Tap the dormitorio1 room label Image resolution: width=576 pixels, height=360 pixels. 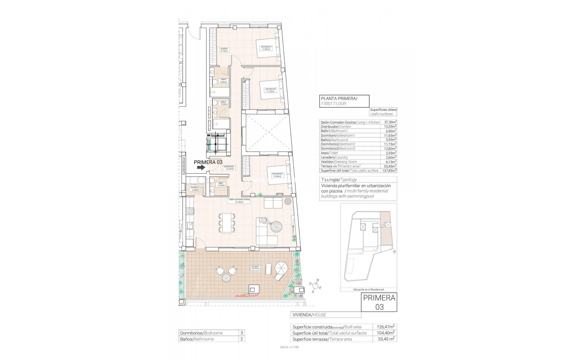[266, 48]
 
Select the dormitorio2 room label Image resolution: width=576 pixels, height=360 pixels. [270, 90]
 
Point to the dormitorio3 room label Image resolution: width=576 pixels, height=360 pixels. [277, 175]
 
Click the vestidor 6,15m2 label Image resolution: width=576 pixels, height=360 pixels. [224, 50]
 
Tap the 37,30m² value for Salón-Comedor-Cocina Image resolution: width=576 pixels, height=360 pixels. [390, 122]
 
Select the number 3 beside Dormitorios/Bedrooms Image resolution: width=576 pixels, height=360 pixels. [241, 333]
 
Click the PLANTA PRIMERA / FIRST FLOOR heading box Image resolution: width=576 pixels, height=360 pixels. [344, 101]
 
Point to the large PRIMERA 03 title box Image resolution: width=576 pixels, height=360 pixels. [379, 307]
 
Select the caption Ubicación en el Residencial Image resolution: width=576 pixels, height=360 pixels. [368, 289]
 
